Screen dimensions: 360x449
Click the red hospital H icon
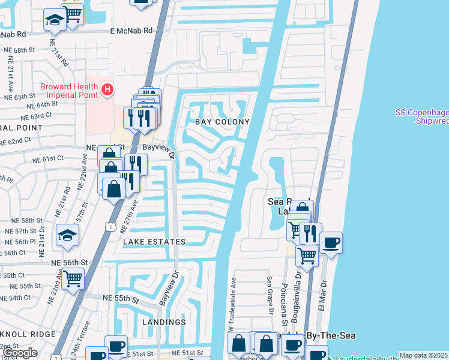(107, 90)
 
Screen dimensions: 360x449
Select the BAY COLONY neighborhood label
(221, 122)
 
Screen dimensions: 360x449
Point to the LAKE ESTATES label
(154, 241)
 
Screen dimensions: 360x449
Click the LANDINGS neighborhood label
(164, 322)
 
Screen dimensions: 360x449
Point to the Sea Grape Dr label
(270, 295)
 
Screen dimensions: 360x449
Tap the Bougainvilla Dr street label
(297, 295)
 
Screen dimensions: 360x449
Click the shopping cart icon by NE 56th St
(73, 277)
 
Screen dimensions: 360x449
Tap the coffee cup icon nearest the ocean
(331, 243)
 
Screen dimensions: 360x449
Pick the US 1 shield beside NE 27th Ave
(109, 226)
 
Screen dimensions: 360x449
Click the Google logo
(20, 353)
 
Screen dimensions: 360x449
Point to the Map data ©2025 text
(423, 355)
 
